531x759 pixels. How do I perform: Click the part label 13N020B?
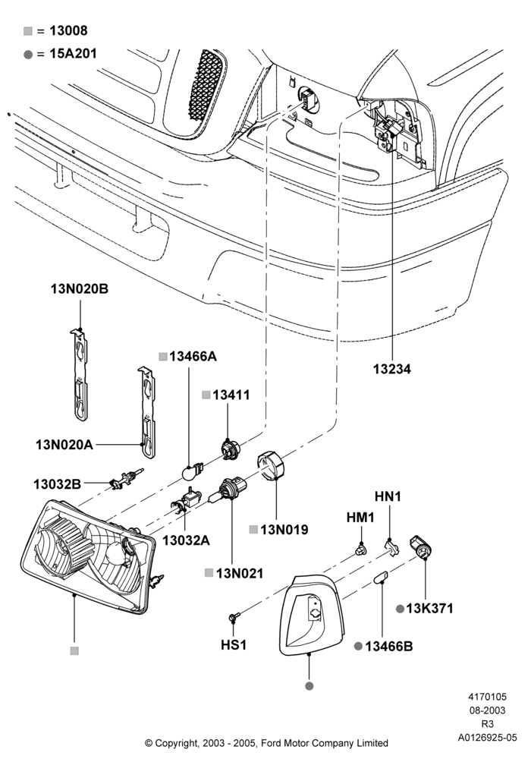tap(80, 289)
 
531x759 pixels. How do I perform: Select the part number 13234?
tap(391, 369)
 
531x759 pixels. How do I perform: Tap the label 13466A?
tap(193, 357)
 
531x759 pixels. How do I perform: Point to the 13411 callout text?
tap(231, 395)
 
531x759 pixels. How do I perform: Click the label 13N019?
tap(284, 530)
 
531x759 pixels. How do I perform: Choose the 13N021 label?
tap(240, 574)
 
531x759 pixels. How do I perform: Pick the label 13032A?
tap(186, 540)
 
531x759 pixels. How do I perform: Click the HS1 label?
tap(234, 645)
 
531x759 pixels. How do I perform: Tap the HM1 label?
tap(360, 518)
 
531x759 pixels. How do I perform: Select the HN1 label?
tap(388, 496)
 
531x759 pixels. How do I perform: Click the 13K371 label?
tap(429, 609)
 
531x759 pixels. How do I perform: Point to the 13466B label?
tap(389, 646)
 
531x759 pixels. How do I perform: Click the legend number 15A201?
tap(73, 54)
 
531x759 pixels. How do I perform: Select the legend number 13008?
tap(69, 30)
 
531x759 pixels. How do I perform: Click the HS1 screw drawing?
tap(234, 616)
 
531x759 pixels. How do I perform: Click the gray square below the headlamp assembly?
tap(74, 651)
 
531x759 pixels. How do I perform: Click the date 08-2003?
tap(487, 710)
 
